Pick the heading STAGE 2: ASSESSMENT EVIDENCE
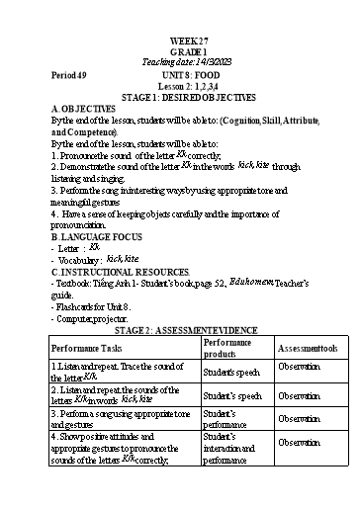(x=179, y=329)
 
